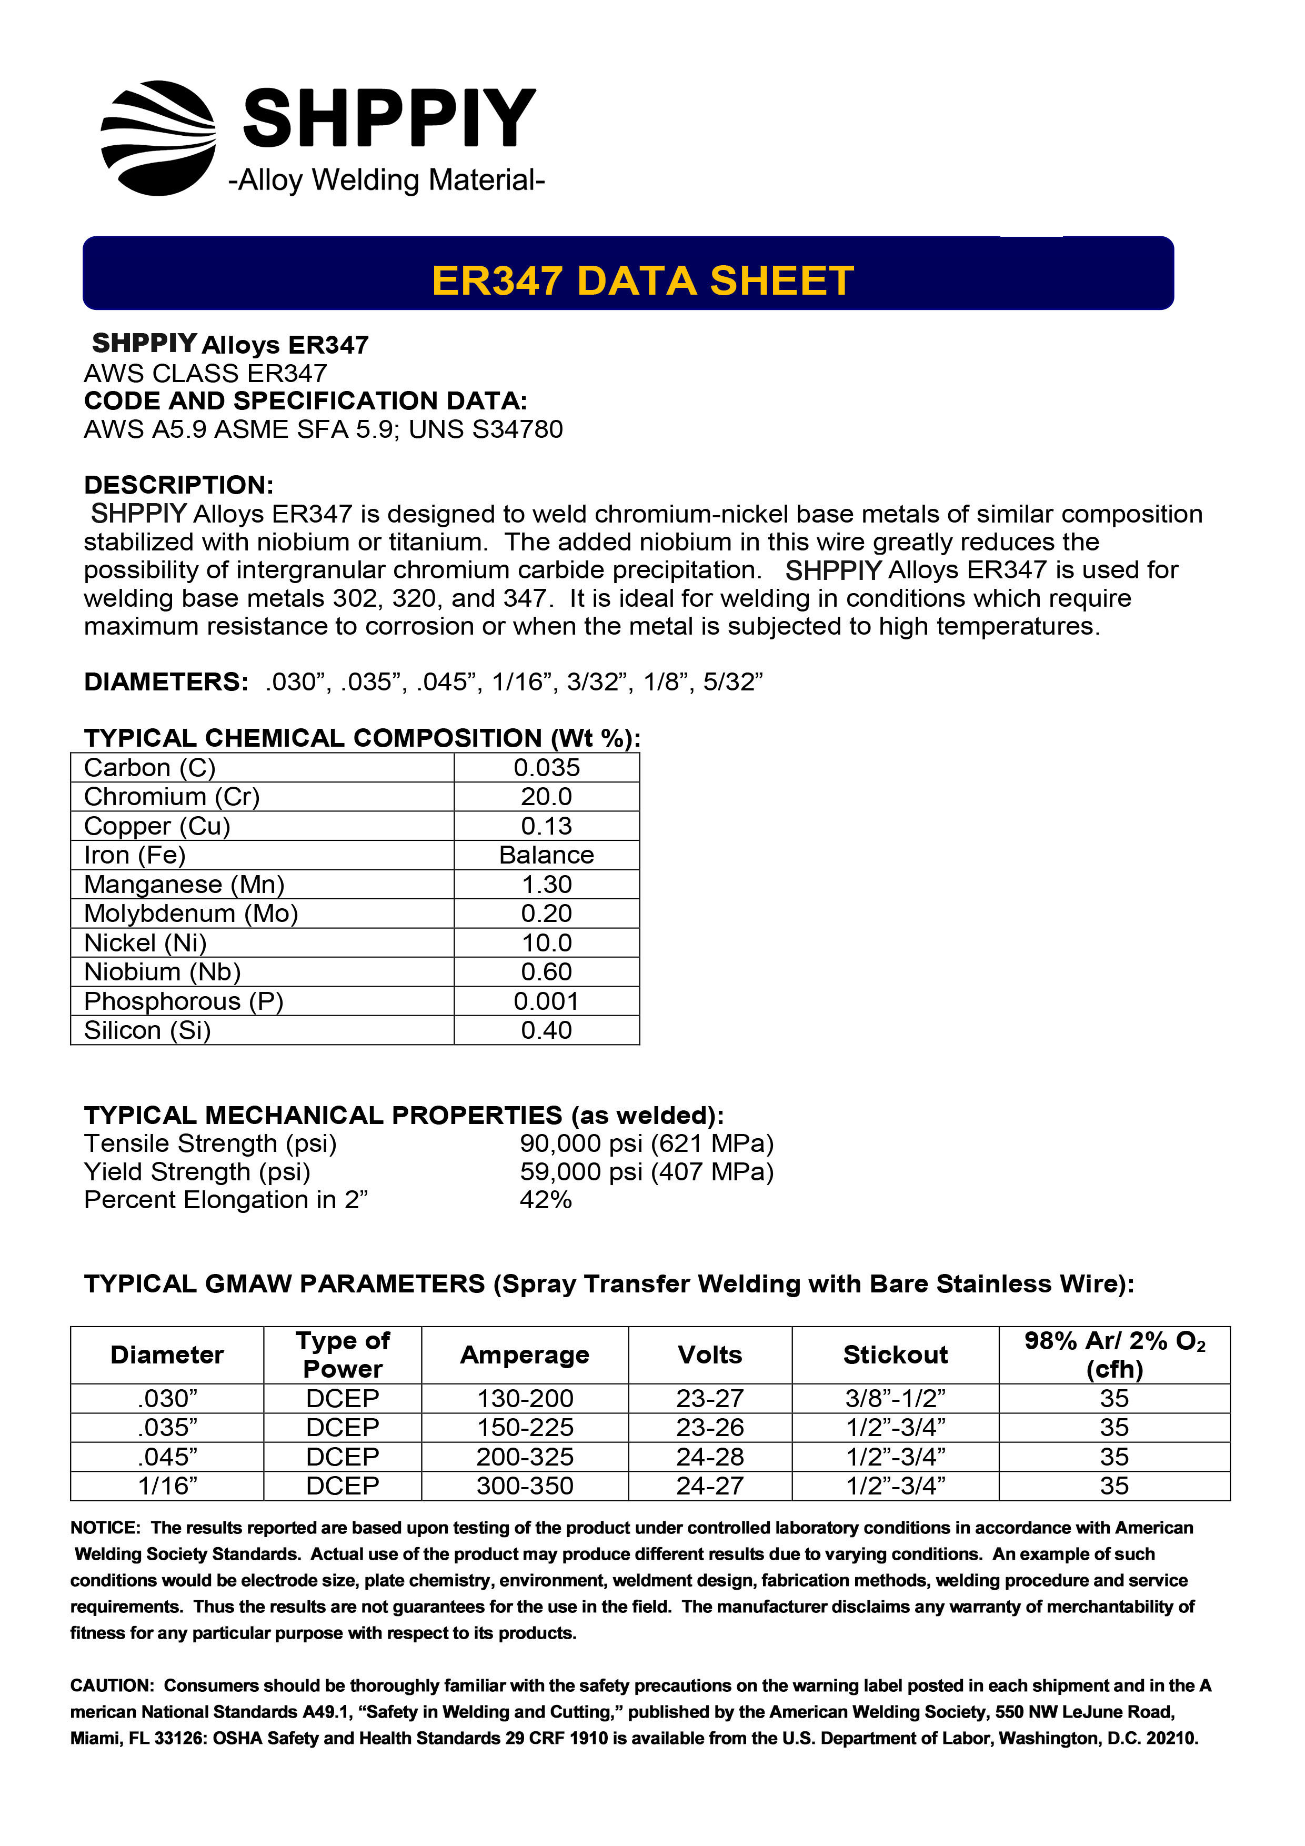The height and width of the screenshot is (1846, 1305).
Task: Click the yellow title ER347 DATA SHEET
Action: [x=643, y=280]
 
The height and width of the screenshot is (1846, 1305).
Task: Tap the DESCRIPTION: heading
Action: [x=178, y=485]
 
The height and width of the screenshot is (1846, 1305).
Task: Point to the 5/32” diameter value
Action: [x=732, y=682]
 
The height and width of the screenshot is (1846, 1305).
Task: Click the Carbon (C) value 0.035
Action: [x=547, y=768]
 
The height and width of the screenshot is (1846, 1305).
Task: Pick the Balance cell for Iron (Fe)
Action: [x=547, y=856]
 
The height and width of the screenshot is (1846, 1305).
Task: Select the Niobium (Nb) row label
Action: [x=163, y=972]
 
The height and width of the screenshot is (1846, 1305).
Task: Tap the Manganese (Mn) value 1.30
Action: [x=547, y=885]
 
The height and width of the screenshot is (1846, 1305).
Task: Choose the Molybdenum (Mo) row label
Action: [x=192, y=914]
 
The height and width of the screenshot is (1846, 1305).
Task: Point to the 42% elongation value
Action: [x=546, y=1200]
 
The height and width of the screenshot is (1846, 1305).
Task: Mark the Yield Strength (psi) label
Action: [x=197, y=1171]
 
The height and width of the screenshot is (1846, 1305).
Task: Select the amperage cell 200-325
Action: [x=525, y=1457]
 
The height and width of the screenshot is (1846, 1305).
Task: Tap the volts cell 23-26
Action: [x=710, y=1427]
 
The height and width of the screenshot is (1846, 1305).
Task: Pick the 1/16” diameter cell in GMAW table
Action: [x=167, y=1486]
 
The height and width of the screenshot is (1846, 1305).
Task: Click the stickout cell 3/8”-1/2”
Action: [x=895, y=1398]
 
